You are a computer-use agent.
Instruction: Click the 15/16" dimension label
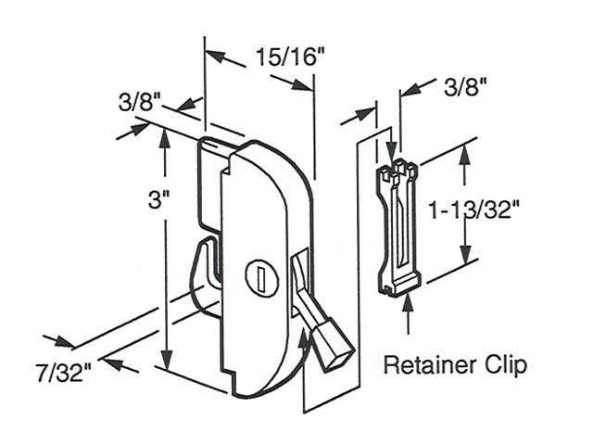290,57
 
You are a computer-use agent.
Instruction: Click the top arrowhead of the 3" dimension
165,135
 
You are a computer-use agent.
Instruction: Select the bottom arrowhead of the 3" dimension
168,365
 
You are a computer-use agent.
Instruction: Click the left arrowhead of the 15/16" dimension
215,56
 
